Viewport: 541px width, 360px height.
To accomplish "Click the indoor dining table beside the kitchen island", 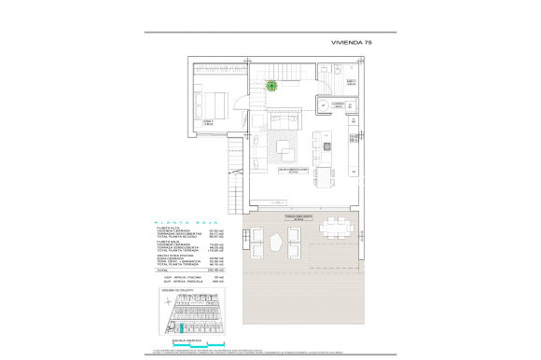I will pos(326,174).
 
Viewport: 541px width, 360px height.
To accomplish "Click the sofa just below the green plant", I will pos(283,120).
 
